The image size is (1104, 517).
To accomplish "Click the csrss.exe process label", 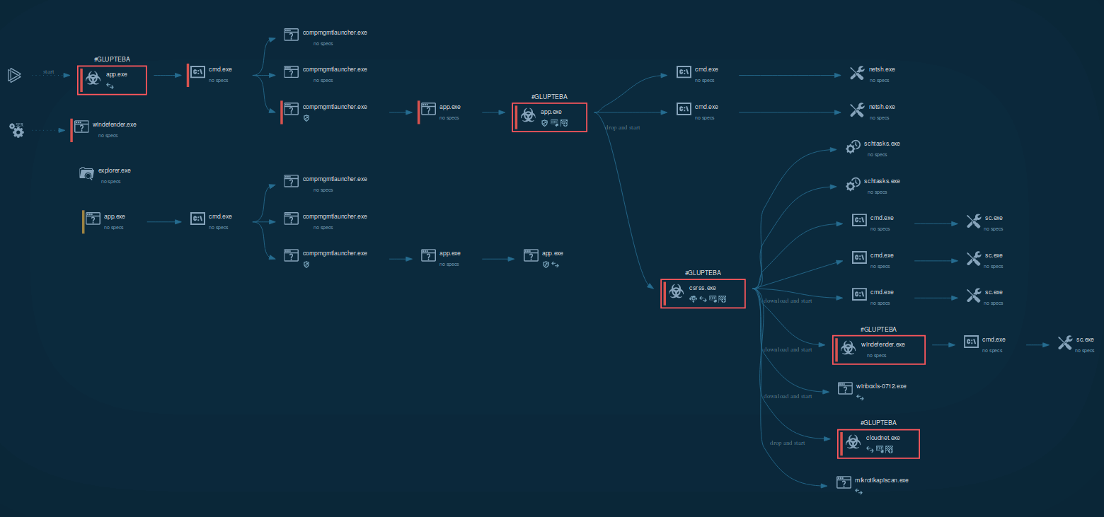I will (x=702, y=288).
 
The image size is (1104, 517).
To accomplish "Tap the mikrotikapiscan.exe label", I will (x=881, y=480).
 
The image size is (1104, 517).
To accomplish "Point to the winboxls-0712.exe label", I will (x=881, y=386).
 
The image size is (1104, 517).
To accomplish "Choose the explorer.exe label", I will (x=115, y=170).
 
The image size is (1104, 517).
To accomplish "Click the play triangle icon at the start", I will (x=14, y=74).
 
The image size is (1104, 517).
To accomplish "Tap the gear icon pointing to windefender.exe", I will (x=17, y=130).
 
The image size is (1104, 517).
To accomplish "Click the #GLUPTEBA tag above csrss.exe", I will (x=703, y=272).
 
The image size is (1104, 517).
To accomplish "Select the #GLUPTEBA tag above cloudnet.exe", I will (x=878, y=422).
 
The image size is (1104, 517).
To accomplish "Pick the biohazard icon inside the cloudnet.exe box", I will (x=853, y=443).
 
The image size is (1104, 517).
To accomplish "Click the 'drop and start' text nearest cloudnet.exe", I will (x=787, y=443).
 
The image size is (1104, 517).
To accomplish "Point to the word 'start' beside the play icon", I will (x=48, y=71).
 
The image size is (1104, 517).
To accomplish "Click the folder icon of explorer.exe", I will (x=86, y=174).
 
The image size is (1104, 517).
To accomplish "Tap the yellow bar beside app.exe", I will (x=83, y=221).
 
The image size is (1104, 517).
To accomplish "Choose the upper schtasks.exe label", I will (x=882, y=144).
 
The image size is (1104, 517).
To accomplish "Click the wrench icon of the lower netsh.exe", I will (x=856, y=110).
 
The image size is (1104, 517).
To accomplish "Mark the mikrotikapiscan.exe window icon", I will (x=844, y=482).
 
